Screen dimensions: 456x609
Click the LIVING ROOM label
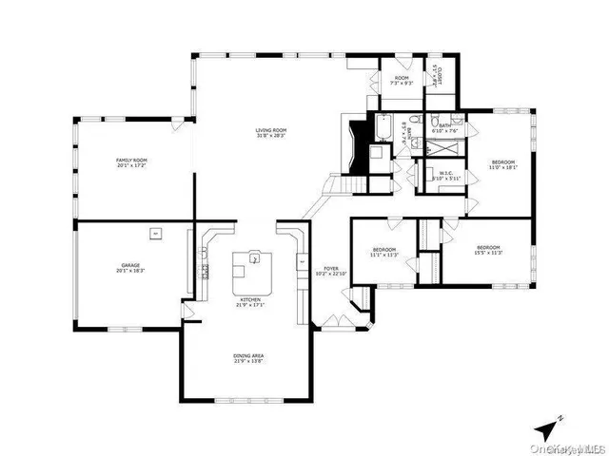tap(271, 133)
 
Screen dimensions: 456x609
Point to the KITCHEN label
tap(249, 304)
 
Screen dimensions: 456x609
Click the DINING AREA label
tap(249, 358)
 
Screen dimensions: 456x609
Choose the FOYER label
tap(331, 271)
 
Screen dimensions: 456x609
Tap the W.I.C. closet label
tap(445, 175)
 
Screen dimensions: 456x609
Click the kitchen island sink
tap(254, 257)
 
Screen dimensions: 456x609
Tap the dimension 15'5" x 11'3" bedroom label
tap(488, 250)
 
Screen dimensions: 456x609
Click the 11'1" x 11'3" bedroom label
tap(385, 252)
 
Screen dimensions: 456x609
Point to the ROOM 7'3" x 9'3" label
tap(402, 80)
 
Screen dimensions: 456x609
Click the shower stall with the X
tap(441, 147)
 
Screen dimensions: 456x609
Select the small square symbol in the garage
tap(155, 231)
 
